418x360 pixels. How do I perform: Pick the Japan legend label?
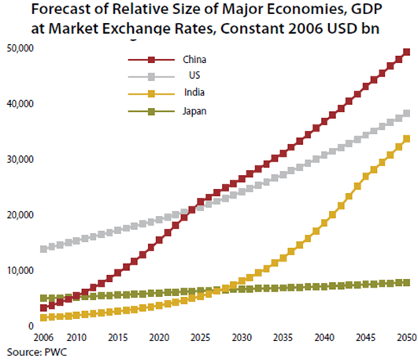pyautogui.click(x=195, y=110)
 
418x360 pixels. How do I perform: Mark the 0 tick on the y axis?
pyautogui.click(x=30, y=325)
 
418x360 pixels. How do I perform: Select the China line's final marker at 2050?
pyautogui.click(x=406, y=53)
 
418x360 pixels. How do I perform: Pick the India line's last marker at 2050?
pyautogui.click(x=406, y=139)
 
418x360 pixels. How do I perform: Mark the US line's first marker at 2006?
pyautogui.click(x=43, y=249)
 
